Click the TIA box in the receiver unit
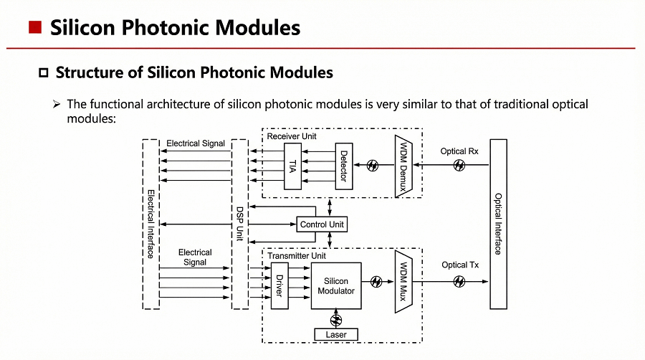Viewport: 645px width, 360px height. coord(292,166)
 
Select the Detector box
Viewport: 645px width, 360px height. coord(344,166)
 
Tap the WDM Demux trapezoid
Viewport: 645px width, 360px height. coord(405,166)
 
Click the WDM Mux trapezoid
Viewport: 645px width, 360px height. coord(405,282)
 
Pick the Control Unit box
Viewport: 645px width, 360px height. coord(322,224)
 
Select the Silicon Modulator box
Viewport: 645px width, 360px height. coord(335,286)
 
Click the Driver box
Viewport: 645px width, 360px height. coord(279,286)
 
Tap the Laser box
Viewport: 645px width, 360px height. coord(336,334)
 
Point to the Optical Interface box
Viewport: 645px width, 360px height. coord(498,224)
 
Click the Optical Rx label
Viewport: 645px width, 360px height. coord(459,151)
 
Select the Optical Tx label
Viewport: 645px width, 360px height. coord(459,265)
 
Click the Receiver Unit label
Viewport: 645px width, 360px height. coord(291,136)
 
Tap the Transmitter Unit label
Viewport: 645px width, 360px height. coord(296,256)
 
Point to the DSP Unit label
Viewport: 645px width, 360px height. coord(240,224)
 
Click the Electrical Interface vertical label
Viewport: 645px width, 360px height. coord(151,224)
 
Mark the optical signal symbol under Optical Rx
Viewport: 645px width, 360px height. coord(459,166)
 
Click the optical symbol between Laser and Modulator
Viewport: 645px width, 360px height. coord(335,319)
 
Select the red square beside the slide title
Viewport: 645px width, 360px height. coord(34,28)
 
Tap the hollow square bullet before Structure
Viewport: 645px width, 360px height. coord(43,72)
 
